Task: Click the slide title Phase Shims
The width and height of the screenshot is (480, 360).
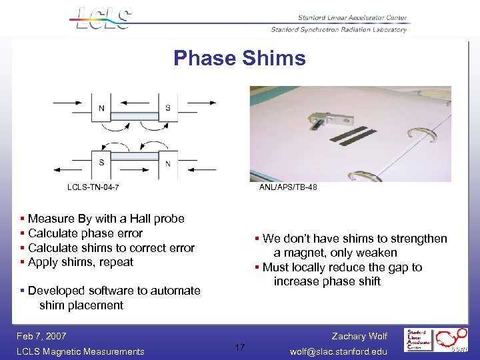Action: click(x=239, y=58)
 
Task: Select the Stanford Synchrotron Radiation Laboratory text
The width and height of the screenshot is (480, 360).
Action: click(x=339, y=29)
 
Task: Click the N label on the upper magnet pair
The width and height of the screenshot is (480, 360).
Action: click(x=101, y=108)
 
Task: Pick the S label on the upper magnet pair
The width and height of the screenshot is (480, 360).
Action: click(x=167, y=108)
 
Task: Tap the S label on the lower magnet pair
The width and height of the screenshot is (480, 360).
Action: click(x=101, y=162)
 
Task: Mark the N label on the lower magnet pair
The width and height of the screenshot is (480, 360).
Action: click(x=167, y=164)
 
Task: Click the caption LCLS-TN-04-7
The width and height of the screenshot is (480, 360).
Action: click(x=93, y=187)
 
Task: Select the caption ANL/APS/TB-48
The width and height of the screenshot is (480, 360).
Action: click(x=288, y=187)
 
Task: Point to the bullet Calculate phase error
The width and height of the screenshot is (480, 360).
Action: click(x=85, y=233)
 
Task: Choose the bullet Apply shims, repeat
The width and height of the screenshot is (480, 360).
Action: click(x=81, y=262)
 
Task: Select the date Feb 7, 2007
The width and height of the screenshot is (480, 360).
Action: click(x=42, y=336)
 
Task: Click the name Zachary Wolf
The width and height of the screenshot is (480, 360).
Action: click(x=359, y=336)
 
